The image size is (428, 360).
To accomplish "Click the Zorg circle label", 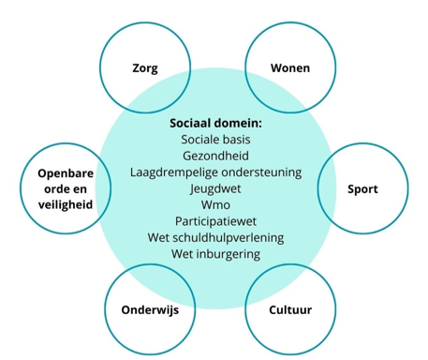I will pyautogui.click(x=144, y=68).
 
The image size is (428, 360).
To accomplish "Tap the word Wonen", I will pyautogui.click(x=289, y=68).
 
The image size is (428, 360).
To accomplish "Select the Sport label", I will pyautogui.click(x=362, y=189).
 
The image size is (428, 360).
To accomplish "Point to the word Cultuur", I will pyautogui.click(x=289, y=309).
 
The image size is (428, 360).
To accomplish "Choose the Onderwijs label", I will pyautogui.click(x=150, y=309).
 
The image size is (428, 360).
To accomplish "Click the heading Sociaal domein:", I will pyautogui.click(x=215, y=123).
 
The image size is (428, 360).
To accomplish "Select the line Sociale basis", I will pyautogui.click(x=215, y=139).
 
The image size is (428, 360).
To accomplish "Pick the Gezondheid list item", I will pyautogui.click(x=215, y=156).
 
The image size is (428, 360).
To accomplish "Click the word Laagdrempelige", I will pyautogui.click(x=172, y=172).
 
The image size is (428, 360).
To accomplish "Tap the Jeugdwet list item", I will pyautogui.click(x=215, y=187).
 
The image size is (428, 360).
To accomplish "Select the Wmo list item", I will pyautogui.click(x=215, y=204).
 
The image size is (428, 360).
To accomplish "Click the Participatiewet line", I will pyautogui.click(x=215, y=220).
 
